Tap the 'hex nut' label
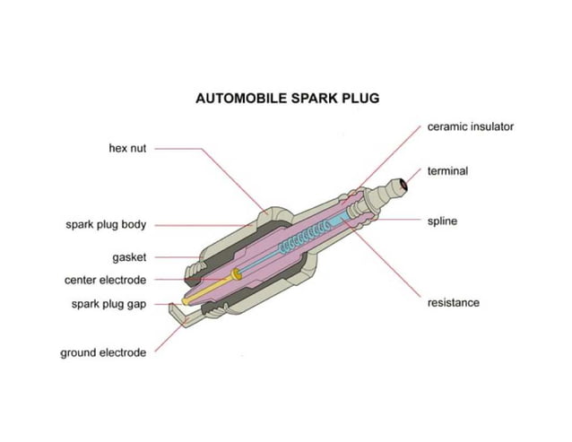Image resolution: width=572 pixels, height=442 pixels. click(x=127, y=149)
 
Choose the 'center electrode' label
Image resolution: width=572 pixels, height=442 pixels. click(x=105, y=280)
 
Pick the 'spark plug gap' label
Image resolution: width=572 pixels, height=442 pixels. click(x=108, y=304)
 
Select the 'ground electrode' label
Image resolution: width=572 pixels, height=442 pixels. click(x=103, y=352)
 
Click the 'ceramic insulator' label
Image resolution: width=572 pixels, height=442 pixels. click(x=470, y=126)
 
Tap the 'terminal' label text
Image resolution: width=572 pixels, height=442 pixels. click(x=447, y=170)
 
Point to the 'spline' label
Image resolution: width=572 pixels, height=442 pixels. click(x=442, y=221)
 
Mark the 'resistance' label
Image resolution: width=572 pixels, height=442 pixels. click(x=453, y=302)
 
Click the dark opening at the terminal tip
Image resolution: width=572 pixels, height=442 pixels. click(x=405, y=186)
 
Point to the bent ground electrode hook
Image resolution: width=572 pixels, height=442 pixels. click(x=175, y=311)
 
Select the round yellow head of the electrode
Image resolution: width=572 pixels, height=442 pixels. click(x=236, y=273)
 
